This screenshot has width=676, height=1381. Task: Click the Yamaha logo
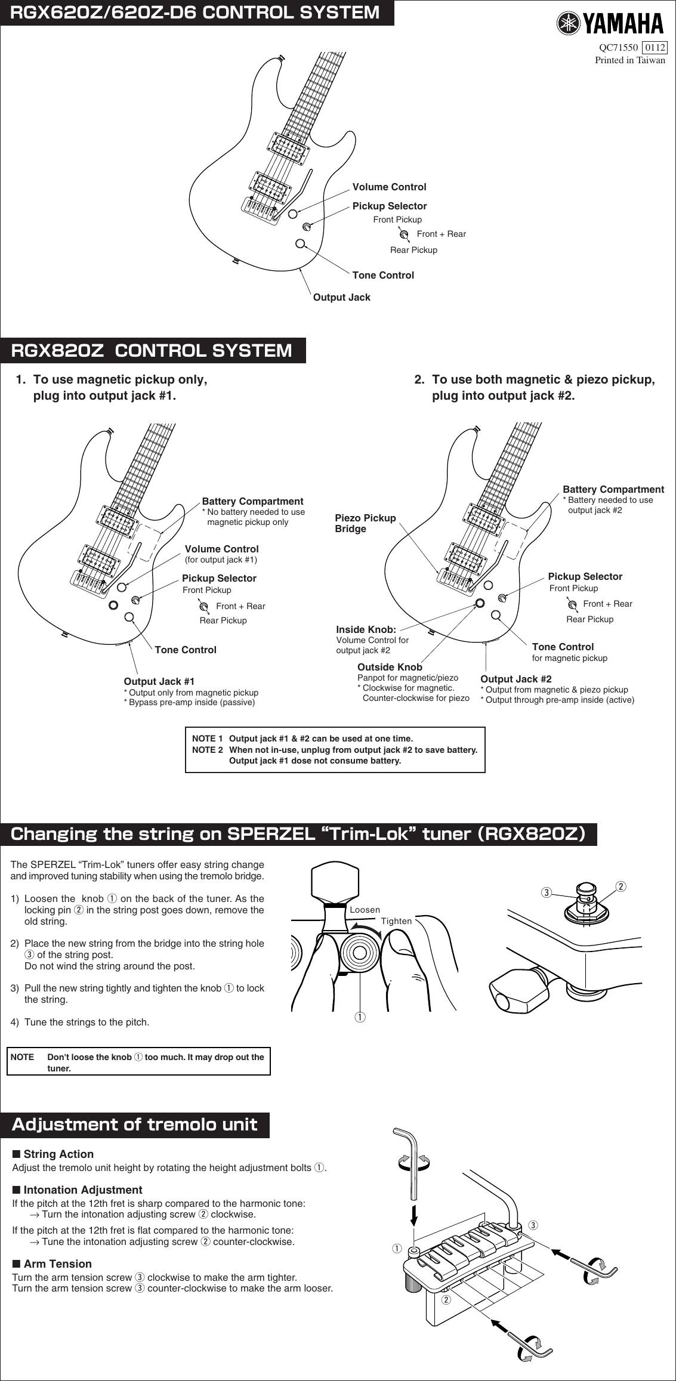610,23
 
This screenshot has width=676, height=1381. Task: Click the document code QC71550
618,48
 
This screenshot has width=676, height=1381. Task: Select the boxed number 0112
655,48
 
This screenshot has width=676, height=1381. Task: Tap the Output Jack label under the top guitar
341,297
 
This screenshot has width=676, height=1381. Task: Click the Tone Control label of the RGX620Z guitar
382,275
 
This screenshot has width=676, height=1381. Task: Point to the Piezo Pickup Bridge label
365,523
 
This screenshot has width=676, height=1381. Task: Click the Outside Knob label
390,667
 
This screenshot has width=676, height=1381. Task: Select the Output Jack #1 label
159,681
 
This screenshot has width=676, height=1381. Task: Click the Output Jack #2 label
516,679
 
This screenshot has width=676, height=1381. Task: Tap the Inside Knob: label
366,629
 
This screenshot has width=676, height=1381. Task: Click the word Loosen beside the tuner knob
365,910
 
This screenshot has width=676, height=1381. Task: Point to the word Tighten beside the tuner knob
396,921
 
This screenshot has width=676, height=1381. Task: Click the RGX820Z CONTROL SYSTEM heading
152,350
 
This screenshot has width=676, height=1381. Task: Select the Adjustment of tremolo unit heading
135,1124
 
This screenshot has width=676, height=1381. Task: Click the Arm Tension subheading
57,1263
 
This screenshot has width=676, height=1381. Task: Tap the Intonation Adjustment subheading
82,1190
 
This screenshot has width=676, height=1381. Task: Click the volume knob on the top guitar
293,213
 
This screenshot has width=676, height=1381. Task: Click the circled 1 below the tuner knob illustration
360,1017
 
